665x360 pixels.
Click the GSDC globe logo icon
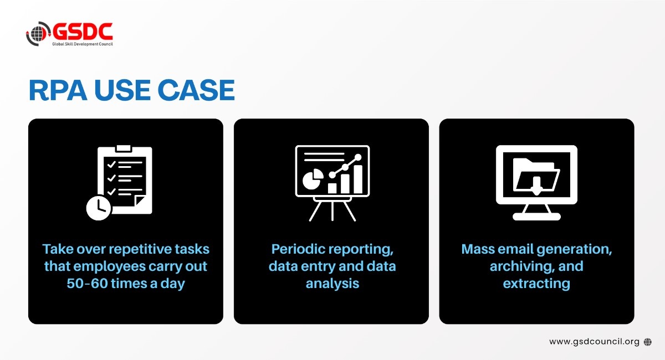click(37, 34)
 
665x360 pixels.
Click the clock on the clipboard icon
click(99, 207)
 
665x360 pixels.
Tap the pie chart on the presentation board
click(314, 179)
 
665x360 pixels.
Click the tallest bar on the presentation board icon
click(358, 178)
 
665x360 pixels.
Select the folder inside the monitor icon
click(536, 174)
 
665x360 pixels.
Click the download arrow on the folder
click(536, 188)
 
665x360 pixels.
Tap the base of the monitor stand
click(536, 217)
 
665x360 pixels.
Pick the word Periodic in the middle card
click(297, 249)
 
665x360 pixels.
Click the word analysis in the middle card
click(332, 283)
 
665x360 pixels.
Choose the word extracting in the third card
click(536, 283)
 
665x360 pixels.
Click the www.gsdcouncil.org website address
click(594, 342)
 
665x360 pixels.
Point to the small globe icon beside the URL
click(648, 342)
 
